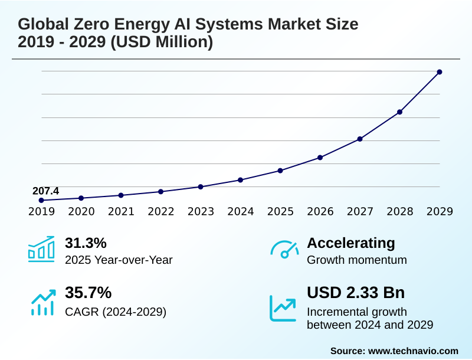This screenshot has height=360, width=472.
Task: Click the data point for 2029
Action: pyautogui.click(x=440, y=72)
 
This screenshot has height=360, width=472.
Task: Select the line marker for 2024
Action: pyautogui.click(x=240, y=180)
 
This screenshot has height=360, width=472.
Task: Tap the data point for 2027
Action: pyautogui.click(x=360, y=139)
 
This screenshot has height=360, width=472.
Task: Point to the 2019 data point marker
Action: pyautogui.click(x=41, y=201)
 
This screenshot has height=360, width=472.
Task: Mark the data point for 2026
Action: pyautogui.click(x=320, y=158)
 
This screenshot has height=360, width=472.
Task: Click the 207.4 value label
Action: pyautogui.click(x=45, y=191)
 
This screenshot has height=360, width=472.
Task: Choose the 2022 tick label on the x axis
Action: pyautogui.click(x=161, y=212)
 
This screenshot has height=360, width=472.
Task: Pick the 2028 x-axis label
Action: pyautogui.click(x=400, y=212)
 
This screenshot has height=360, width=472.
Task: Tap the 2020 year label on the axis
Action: pyautogui.click(x=81, y=212)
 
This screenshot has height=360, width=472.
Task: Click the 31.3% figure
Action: pyautogui.click(x=86, y=243)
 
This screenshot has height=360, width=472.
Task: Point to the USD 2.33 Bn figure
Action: pyautogui.click(x=356, y=293)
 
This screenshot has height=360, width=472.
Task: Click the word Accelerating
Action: pyautogui.click(x=351, y=243)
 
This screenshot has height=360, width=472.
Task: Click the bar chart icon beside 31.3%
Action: pyautogui.click(x=41, y=249)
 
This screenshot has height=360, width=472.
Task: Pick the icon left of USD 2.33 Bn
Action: pyautogui.click(x=283, y=307)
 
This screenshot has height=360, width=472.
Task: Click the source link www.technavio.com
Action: pyautogui.click(x=413, y=351)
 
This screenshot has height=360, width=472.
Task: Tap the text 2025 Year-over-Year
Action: pyautogui.click(x=119, y=260)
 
